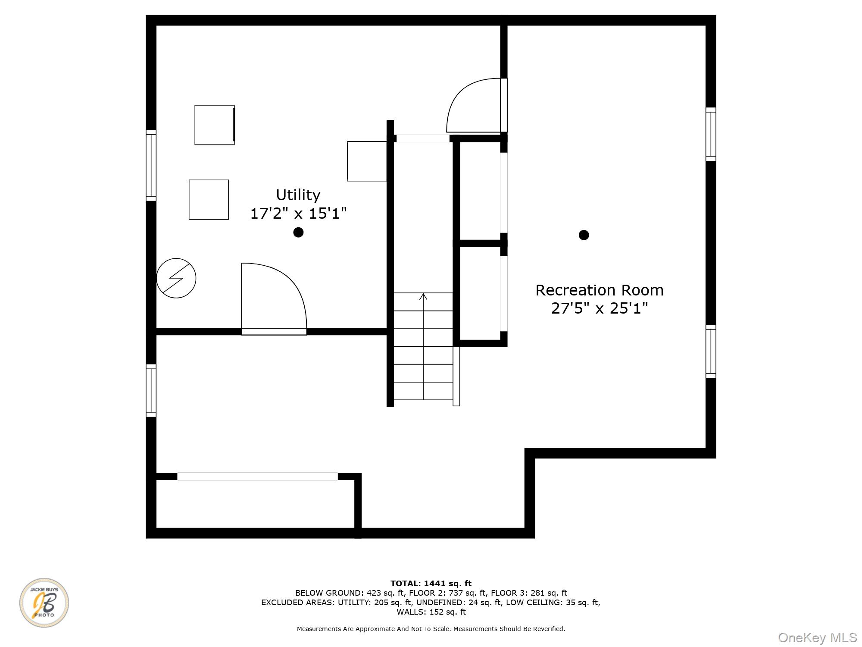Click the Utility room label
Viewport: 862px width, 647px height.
(x=298, y=195)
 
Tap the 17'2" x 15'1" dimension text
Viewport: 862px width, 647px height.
(x=298, y=213)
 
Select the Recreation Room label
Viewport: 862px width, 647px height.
(x=600, y=290)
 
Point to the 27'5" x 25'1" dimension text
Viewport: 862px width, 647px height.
(x=600, y=308)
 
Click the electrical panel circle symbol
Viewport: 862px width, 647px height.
(x=176, y=278)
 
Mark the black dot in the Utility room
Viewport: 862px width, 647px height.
(x=298, y=232)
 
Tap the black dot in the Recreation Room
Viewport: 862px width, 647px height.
(x=584, y=235)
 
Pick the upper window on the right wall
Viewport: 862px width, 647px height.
(x=711, y=134)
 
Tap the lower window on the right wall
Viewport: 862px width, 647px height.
(x=711, y=352)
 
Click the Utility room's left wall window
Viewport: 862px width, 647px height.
(x=151, y=165)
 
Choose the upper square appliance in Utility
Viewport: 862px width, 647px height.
(x=215, y=125)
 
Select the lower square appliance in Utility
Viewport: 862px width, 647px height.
(x=209, y=200)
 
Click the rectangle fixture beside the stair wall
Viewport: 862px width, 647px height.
(x=367, y=161)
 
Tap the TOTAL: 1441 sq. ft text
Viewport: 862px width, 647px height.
(x=431, y=584)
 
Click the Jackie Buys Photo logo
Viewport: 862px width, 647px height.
(x=44, y=603)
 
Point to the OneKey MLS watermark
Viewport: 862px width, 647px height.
(x=818, y=638)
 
